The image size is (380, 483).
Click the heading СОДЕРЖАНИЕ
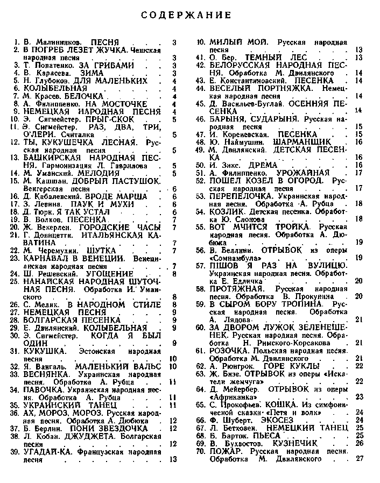(186, 15)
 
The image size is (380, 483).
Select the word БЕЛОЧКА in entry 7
(93, 96)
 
